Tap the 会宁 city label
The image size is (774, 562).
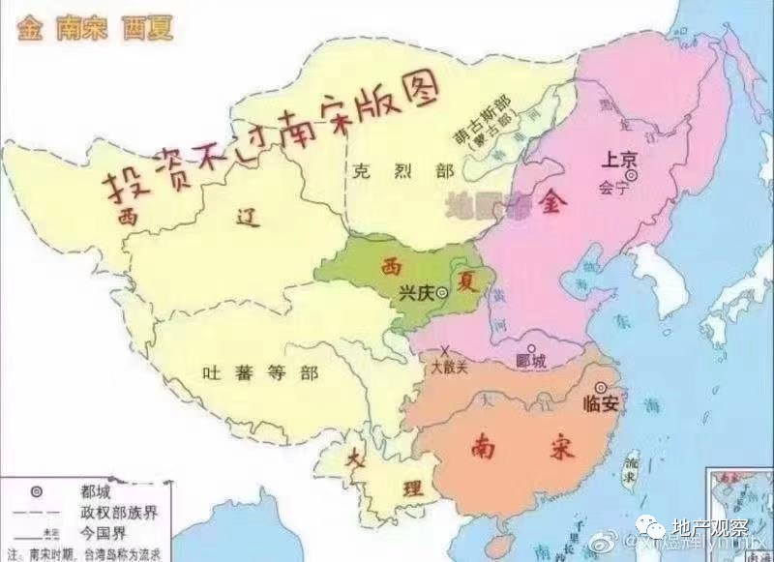pos(614,189)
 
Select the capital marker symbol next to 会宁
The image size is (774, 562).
pos(632,177)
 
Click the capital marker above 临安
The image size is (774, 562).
pos(601,387)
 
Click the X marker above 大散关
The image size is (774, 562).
pos(444,350)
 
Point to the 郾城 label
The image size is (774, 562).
pos(532,362)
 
